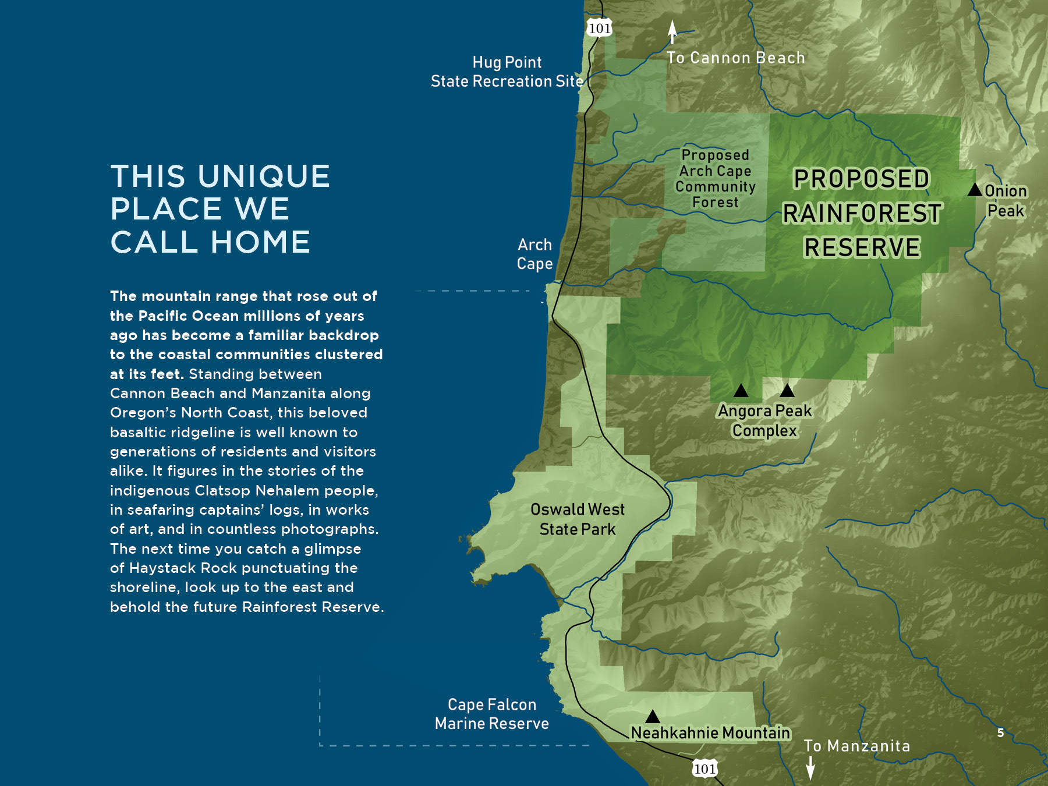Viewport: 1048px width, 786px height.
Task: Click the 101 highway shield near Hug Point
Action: click(x=599, y=28)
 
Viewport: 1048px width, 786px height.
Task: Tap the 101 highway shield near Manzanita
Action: click(x=704, y=769)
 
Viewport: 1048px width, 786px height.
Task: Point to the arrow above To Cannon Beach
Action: click(x=672, y=32)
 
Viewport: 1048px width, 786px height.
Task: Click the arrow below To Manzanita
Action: click(x=810, y=768)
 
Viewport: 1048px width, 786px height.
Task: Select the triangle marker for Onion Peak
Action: click(x=975, y=190)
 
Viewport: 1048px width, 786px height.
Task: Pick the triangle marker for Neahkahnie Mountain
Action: click(x=653, y=716)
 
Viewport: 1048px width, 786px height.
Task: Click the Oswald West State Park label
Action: click(x=577, y=519)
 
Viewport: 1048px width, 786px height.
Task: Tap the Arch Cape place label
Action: click(x=534, y=254)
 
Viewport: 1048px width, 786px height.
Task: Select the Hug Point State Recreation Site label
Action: click(x=507, y=72)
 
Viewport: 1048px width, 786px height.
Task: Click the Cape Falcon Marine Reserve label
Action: click(x=492, y=714)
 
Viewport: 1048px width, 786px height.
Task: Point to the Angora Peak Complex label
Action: click(x=764, y=420)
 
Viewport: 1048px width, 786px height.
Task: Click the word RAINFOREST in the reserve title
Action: click(x=862, y=213)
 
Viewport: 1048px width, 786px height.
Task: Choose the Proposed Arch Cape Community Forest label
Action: click(x=715, y=179)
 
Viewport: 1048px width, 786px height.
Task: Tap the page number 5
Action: click(x=1000, y=733)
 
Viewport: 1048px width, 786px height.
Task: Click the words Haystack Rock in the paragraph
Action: click(x=183, y=568)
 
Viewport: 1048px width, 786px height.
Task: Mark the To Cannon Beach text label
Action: click(x=736, y=58)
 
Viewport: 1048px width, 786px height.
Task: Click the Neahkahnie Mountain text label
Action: click(x=710, y=733)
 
